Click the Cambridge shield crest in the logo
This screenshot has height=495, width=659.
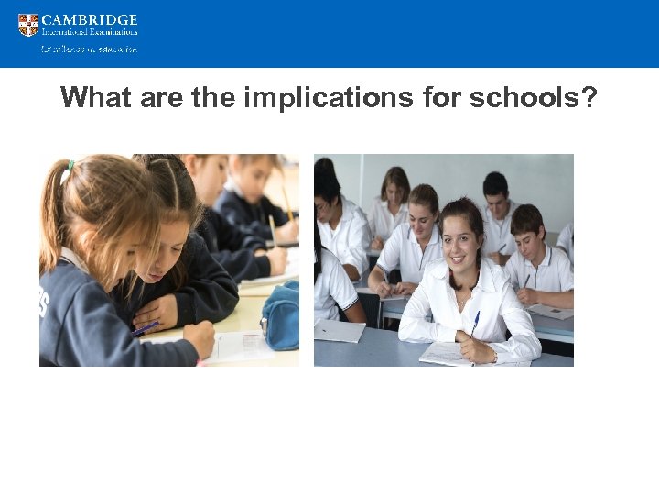point(28,25)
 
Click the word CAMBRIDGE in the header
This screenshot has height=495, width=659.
point(90,19)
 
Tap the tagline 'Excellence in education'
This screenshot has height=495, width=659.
point(90,49)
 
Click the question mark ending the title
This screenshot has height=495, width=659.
point(588,97)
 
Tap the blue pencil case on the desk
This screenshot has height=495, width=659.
point(280,316)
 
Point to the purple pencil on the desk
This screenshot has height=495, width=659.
point(146,328)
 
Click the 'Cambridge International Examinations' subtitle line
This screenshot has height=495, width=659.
point(90,33)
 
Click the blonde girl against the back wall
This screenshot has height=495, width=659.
point(394,187)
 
